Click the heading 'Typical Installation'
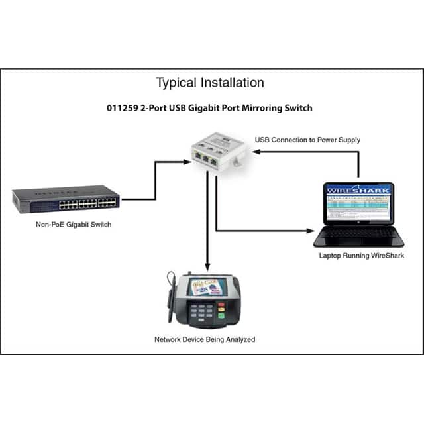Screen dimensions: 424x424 (210, 83)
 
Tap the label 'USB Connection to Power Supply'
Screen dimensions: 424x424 (307, 140)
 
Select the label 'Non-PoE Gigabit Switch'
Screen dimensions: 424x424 (74, 225)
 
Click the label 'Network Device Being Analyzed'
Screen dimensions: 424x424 (205, 339)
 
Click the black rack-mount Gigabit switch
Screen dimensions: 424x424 (66, 199)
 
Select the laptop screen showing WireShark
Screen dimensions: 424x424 (358, 202)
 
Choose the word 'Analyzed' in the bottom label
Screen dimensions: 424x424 (238, 339)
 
